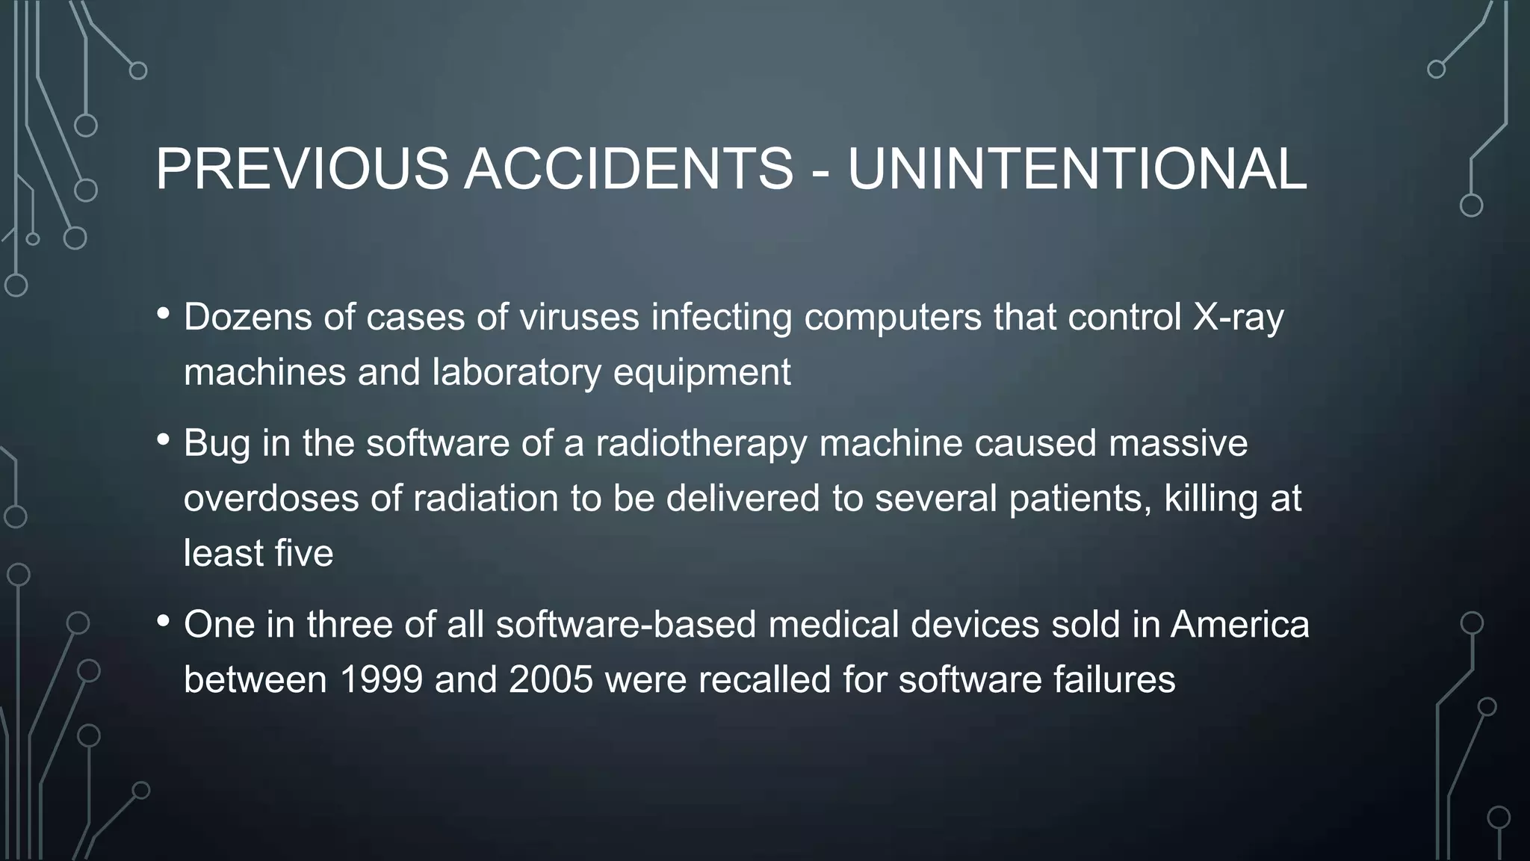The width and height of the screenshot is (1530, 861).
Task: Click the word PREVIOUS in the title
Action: (x=302, y=169)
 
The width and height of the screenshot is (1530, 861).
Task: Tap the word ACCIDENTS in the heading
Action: (x=628, y=169)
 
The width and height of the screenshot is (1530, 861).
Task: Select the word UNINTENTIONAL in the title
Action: (x=1077, y=169)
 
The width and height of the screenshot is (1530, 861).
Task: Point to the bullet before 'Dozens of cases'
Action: (x=163, y=315)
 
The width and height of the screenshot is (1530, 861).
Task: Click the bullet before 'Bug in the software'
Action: (x=163, y=440)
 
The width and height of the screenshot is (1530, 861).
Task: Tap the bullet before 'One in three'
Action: (x=163, y=622)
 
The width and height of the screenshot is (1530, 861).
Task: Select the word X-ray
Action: (x=1238, y=318)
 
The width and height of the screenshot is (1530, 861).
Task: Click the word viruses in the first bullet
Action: (x=579, y=317)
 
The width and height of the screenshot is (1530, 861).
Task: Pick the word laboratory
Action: (x=516, y=373)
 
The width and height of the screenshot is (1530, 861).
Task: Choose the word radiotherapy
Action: (x=701, y=444)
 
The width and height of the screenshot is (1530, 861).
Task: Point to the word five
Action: (x=303, y=554)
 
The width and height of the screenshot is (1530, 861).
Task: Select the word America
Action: (x=1239, y=625)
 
